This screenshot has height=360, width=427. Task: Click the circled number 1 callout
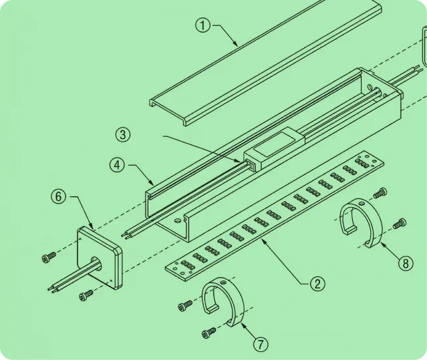click(203, 25)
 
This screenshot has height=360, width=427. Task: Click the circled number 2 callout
click(317, 284)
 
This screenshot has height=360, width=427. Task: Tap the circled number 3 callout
click(122, 135)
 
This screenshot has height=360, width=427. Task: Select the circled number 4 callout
click(117, 165)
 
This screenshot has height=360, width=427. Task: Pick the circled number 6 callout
click(59, 197)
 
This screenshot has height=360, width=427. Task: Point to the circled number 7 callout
click(261, 345)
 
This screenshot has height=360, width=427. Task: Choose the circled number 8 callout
click(406, 263)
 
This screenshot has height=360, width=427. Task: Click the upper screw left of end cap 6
click(49, 257)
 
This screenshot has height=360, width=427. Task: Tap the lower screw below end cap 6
click(86, 295)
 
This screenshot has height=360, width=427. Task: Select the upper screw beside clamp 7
click(185, 306)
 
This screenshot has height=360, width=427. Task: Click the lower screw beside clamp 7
click(209, 333)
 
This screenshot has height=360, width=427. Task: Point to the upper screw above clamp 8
click(380, 192)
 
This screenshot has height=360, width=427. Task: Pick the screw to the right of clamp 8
click(400, 224)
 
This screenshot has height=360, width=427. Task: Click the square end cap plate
click(100, 257)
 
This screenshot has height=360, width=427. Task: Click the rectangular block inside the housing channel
click(274, 148)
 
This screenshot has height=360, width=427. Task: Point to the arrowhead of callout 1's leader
click(237, 43)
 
